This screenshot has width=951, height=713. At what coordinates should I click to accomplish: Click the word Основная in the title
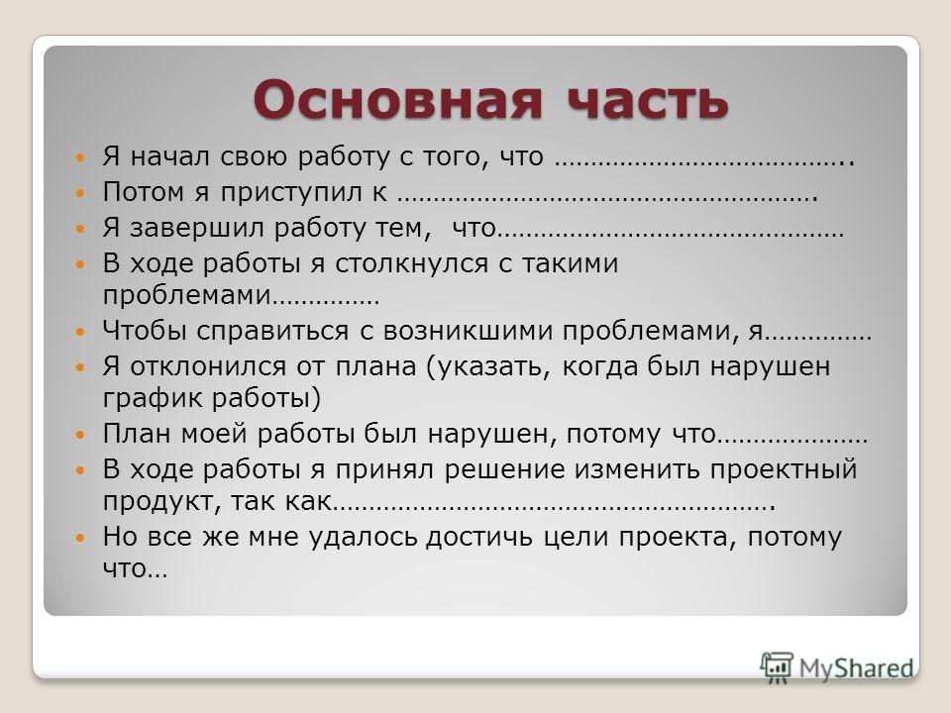coord(397,99)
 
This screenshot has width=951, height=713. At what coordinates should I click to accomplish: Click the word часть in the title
coord(647,99)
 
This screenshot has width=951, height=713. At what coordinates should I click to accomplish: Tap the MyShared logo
coord(837,668)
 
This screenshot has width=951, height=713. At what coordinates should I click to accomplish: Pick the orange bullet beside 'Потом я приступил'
coord(80,193)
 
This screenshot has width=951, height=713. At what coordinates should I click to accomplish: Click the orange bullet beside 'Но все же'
coord(80,538)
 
